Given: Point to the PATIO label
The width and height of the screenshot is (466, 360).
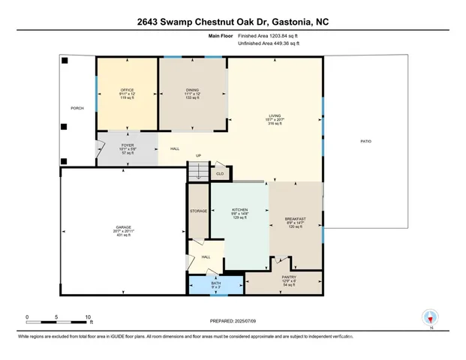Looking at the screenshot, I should pyautogui.click(x=365, y=141).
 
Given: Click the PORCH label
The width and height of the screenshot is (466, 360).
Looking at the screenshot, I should pyautogui.click(x=77, y=108).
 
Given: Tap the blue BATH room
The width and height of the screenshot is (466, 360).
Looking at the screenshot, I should pyautogui.click(x=215, y=284).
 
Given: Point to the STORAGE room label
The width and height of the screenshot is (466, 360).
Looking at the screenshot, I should pyautogui.click(x=198, y=211).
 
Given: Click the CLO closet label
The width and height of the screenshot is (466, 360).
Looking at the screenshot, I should pyautogui.click(x=220, y=173).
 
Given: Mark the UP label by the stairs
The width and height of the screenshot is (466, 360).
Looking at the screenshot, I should pyautogui.click(x=199, y=156).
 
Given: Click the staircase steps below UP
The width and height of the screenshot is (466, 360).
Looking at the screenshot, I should pyautogui.click(x=196, y=172).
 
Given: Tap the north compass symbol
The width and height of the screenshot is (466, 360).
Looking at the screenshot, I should pyautogui.click(x=431, y=318).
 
